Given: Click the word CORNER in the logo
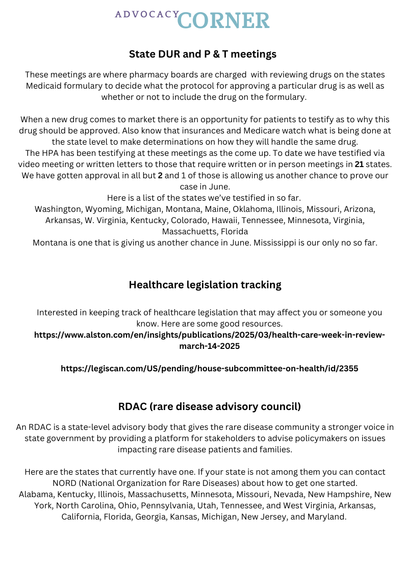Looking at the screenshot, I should tap(224, 20).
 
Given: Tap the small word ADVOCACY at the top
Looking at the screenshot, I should tap(146, 14).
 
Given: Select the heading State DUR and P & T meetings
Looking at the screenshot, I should tap(202, 54).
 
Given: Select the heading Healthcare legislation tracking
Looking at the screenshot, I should tap(205, 285).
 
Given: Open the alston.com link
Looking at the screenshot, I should tap(210, 340).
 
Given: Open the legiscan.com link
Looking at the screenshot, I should tap(209, 368).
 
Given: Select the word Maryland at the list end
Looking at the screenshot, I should tap(326, 516).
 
